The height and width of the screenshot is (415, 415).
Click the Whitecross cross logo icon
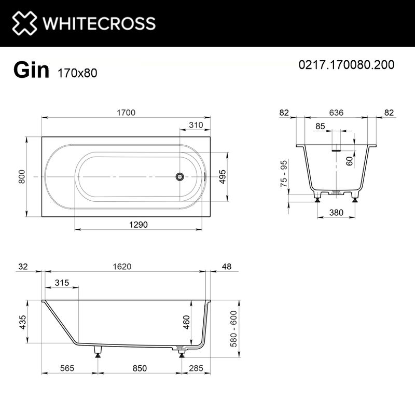[24, 23]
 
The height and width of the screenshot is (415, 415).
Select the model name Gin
[31, 70]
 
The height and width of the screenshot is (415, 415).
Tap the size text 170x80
[75, 73]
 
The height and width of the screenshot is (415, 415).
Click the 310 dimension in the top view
[196, 125]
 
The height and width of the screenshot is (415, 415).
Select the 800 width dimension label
[22, 177]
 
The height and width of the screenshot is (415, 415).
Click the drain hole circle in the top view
[179, 177]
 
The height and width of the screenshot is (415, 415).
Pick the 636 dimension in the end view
[336, 113]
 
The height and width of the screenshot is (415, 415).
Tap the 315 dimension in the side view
[62, 283]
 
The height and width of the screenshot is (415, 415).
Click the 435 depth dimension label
[21, 322]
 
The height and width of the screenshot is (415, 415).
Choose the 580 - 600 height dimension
[233, 329]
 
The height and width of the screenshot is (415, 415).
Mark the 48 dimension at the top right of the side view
[226, 266]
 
